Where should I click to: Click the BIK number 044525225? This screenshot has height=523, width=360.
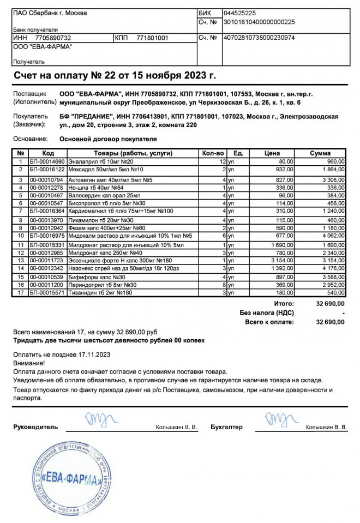pyautogui.click(x=240, y=13)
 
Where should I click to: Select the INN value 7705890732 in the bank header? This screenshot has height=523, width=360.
pyautogui.click(x=53, y=38)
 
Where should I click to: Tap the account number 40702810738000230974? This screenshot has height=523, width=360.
pyautogui.click(x=259, y=38)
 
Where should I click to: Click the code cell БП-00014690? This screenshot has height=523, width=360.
pyautogui.click(x=47, y=162)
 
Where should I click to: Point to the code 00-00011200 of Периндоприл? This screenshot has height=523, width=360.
pyautogui.click(x=47, y=285)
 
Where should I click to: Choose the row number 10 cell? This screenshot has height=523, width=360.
pyautogui.click(x=20, y=236)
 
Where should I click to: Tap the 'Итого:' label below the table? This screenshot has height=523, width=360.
pyautogui.click(x=284, y=303)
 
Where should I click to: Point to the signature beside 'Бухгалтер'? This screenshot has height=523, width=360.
pyautogui.click(x=280, y=421)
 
